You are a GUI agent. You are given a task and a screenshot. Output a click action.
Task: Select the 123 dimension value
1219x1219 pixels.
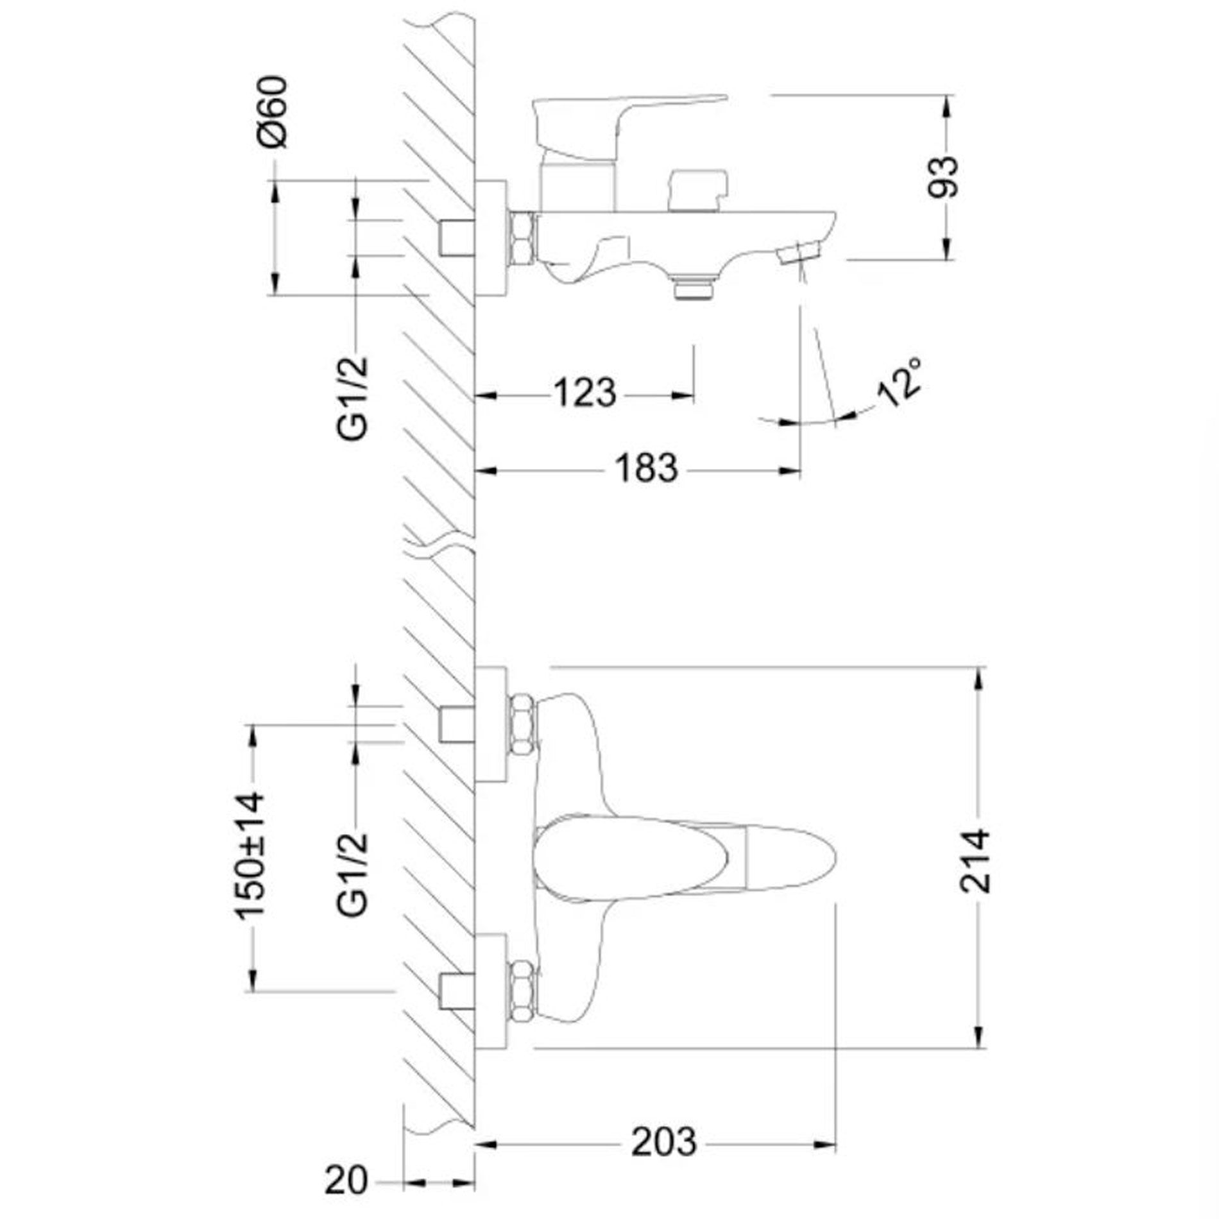[584, 393]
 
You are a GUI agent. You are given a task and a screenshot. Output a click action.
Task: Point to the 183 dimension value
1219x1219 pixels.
[646, 468]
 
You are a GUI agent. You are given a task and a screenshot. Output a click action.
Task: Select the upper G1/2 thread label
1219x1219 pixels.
[354, 398]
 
